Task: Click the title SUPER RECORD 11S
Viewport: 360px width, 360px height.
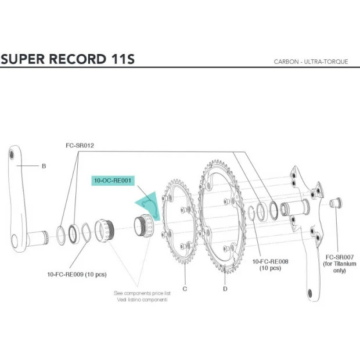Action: [x=68, y=59]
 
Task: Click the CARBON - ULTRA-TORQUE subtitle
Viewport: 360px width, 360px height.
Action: [x=311, y=62]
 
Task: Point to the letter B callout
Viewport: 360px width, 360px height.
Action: [x=44, y=166]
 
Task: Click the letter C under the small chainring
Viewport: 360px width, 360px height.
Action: [x=185, y=288]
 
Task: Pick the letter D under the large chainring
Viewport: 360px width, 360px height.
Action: [x=225, y=288]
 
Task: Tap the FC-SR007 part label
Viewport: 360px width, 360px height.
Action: [x=340, y=257]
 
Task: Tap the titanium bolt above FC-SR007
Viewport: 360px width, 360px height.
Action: [x=335, y=202]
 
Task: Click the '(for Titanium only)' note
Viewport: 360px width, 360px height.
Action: [x=340, y=267]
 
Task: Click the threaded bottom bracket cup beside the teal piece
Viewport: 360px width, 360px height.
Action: [x=143, y=225]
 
